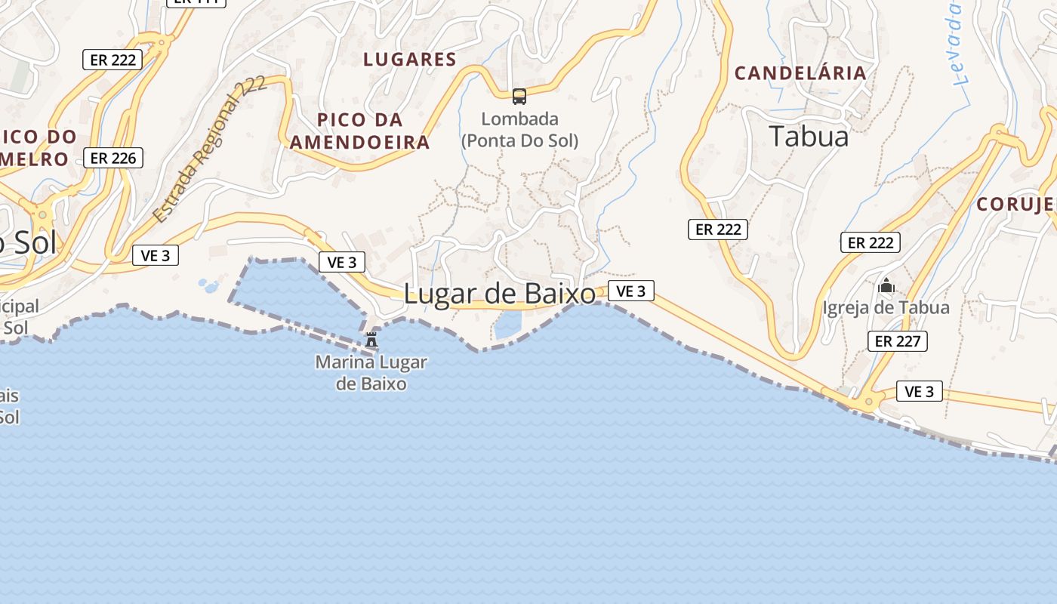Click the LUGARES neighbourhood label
pyautogui.click(x=410, y=60)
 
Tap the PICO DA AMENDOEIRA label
pyautogui.click(x=360, y=131)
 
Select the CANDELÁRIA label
pyautogui.click(x=800, y=73)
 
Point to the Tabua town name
pyautogui.click(x=809, y=137)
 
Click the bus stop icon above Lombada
pyautogui.click(x=519, y=96)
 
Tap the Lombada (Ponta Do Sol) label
pyautogui.click(x=519, y=129)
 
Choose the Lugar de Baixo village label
pyautogui.click(x=500, y=294)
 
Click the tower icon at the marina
pyautogui.click(x=371, y=340)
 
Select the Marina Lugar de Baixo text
pyautogui.click(x=371, y=373)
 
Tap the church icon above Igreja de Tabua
pyautogui.click(x=886, y=286)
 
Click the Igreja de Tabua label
pyautogui.click(x=886, y=308)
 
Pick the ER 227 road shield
pyautogui.click(x=897, y=341)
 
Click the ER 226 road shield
pyautogui.click(x=113, y=158)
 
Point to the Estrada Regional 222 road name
pyautogui.click(x=209, y=149)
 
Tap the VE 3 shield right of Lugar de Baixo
pyautogui.click(x=630, y=291)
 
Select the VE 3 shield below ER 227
pyautogui.click(x=920, y=391)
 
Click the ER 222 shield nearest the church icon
pyautogui.click(x=871, y=242)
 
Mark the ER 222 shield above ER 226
pyautogui.click(x=112, y=60)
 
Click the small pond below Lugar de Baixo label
pyautogui.click(x=507, y=325)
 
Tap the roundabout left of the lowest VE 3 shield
pyautogui.click(x=869, y=401)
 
